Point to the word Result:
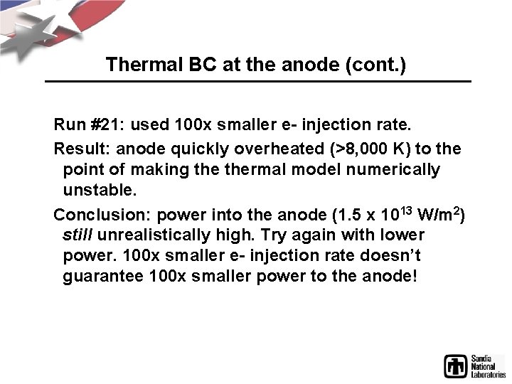(x=82, y=149)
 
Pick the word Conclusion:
(x=102, y=214)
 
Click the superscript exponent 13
(x=406, y=209)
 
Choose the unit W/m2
(x=439, y=213)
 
